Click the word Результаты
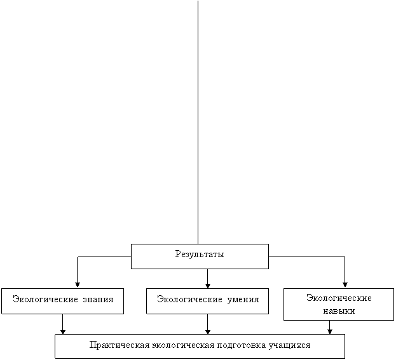pyautogui.click(x=200, y=255)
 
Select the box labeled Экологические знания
pyautogui.click(x=63, y=301)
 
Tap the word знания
pyautogui.click(x=99, y=300)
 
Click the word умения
pyautogui.click(x=243, y=300)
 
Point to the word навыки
pyautogui.click(x=339, y=311)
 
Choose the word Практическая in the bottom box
pyautogui.click(x=119, y=345)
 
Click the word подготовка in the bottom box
pyautogui.click(x=242, y=345)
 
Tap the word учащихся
pyautogui.click(x=289, y=345)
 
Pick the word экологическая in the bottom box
pyautogui.click(x=183, y=345)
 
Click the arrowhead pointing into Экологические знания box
pyautogui.click(x=78, y=285)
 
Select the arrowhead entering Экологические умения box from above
pyautogui.click(x=208, y=286)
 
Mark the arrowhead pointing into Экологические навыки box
pyautogui.click(x=345, y=285)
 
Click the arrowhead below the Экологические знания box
pyautogui.click(x=63, y=331)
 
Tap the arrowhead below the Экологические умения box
pyautogui.click(x=208, y=331)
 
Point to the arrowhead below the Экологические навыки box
pyautogui.click(x=330, y=331)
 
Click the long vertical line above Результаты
pyautogui.click(x=198, y=123)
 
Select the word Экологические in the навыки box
pyautogui.click(x=339, y=298)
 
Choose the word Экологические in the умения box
pyautogui.click(x=189, y=300)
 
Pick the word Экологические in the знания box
pyautogui.click(x=46, y=300)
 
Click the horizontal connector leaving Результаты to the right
pyautogui.click(x=306, y=257)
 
